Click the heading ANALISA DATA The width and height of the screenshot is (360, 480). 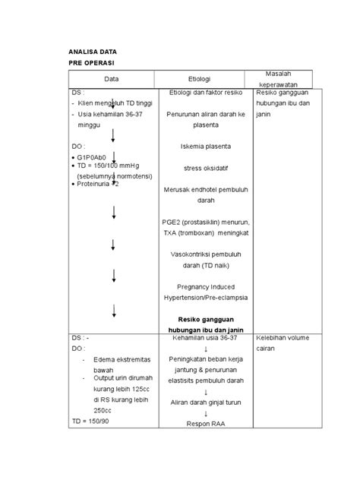tap(91, 52)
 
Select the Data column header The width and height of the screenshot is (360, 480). tap(113, 78)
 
